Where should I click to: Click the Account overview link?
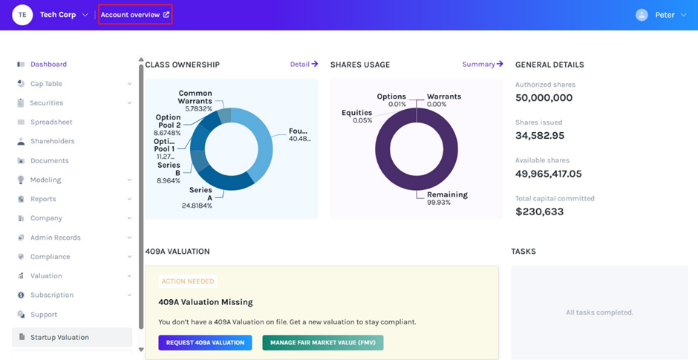click(x=134, y=15)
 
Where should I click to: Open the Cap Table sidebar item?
click(x=46, y=84)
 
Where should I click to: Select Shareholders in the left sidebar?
click(x=52, y=141)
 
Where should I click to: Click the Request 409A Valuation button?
click(x=205, y=342)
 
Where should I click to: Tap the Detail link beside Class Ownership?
click(x=304, y=65)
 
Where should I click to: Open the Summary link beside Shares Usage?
click(x=482, y=65)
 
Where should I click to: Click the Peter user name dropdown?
click(x=664, y=15)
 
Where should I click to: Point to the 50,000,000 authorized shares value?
click(x=544, y=98)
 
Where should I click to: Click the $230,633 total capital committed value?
click(x=539, y=212)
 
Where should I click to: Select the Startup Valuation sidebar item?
click(x=59, y=337)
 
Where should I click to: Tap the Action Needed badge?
click(x=188, y=281)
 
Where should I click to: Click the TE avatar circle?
click(x=22, y=15)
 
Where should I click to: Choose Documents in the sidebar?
click(x=49, y=160)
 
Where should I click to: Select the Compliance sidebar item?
click(x=50, y=257)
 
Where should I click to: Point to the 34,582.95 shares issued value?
click(x=540, y=136)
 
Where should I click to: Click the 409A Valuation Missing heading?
click(x=206, y=302)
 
